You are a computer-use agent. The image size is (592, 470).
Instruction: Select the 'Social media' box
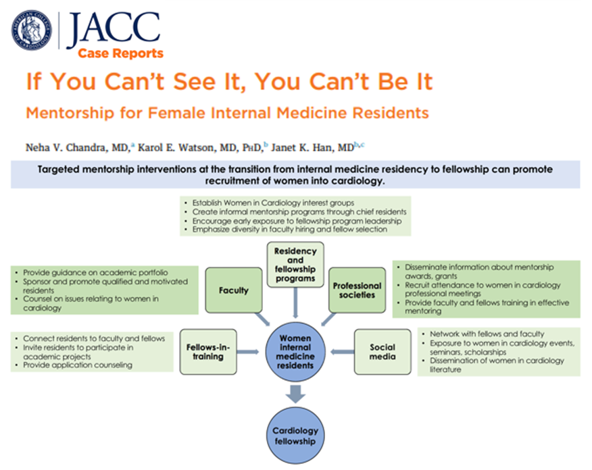[x=383, y=351]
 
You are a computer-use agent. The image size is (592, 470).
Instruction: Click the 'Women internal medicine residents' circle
[x=295, y=351]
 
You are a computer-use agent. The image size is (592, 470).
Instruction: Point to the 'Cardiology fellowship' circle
[x=295, y=436]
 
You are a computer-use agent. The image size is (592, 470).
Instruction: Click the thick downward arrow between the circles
[x=295, y=393]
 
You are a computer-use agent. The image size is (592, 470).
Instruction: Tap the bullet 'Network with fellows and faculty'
[x=487, y=334]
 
